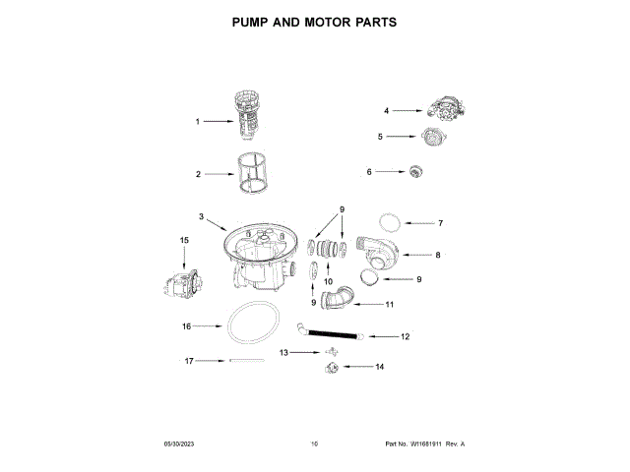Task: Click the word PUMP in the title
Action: click(x=253, y=21)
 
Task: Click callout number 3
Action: click(x=201, y=215)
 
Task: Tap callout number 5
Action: click(x=380, y=137)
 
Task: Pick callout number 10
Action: click(x=328, y=282)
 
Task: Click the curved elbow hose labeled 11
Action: click(x=341, y=298)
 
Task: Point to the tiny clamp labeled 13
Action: click(x=330, y=351)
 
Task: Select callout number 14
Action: click(x=380, y=367)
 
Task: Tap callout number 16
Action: click(x=186, y=325)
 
